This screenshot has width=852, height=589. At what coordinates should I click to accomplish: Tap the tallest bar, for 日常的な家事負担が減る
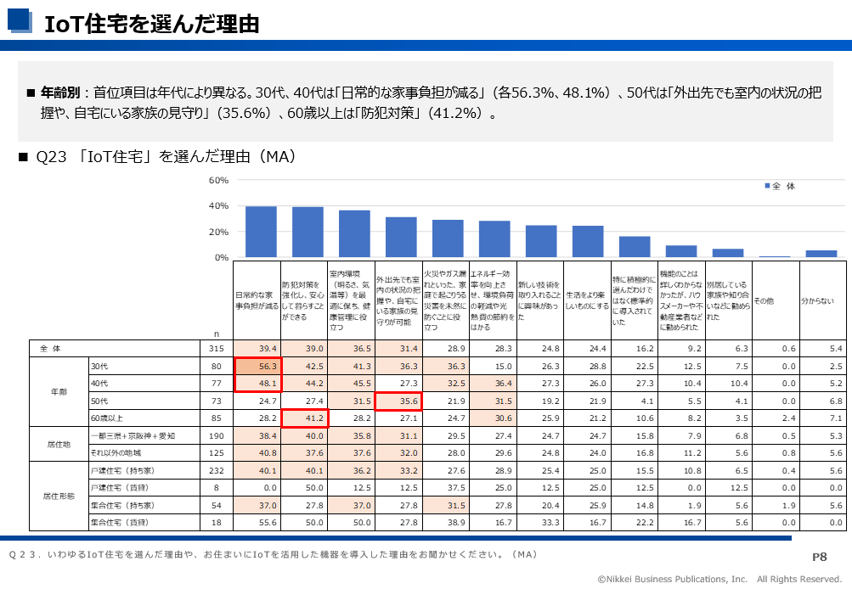click(261, 231)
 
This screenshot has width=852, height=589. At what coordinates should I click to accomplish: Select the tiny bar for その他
click(775, 256)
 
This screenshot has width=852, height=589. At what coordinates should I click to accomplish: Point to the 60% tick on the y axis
click(219, 181)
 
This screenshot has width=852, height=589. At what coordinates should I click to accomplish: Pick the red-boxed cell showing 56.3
click(258, 366)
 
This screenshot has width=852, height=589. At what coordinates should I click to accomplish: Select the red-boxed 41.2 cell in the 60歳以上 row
click(305, 418)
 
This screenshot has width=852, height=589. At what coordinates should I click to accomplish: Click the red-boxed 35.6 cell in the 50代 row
click(398, 401)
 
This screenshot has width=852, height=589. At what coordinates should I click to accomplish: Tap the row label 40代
click(99, 383)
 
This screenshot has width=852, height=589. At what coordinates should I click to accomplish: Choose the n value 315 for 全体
click(216, 349)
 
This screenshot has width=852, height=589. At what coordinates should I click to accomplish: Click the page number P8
click(820, 557)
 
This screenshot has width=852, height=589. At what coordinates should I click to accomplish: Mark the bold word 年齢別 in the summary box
click(60, 91)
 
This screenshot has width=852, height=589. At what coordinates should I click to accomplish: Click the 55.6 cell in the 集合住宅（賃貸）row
click(258, 522)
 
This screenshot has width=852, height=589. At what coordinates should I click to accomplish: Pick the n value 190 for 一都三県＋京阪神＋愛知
click(216, 435)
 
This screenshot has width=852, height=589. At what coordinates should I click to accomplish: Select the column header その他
click(764, 301)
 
